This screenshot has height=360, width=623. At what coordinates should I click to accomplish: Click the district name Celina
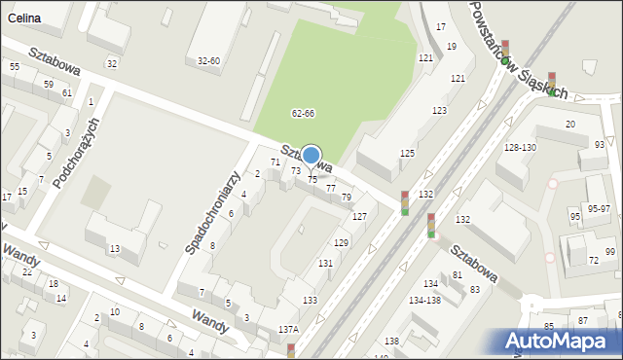[x=21, y=19]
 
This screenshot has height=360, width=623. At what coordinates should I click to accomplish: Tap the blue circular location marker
[x=311, y=156]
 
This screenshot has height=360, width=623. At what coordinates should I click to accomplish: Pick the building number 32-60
[x=208, y=61]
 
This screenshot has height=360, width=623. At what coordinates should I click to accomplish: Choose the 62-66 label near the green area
[x=303, y=114]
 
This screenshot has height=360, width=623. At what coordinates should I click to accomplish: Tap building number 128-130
[x=520, y=147]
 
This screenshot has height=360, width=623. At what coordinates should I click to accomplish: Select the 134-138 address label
[x=425, y=300]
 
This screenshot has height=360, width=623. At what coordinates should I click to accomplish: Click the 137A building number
[x=288, y=330]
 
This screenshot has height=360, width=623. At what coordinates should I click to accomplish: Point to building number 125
[x=407, y=154]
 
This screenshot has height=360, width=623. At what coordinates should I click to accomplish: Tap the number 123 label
[x=439, y=111]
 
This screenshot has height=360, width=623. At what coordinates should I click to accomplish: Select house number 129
[x=341, y=242]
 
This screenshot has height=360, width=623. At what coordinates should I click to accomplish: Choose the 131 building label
[x=325, y=264]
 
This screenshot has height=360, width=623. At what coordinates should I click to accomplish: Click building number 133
[x=310, y=301]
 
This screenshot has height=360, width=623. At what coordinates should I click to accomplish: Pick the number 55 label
[x=14, y=66]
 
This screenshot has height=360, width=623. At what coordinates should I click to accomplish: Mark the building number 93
[x=599, y=145]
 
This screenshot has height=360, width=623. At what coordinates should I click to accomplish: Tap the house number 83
[x=474, y=290]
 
